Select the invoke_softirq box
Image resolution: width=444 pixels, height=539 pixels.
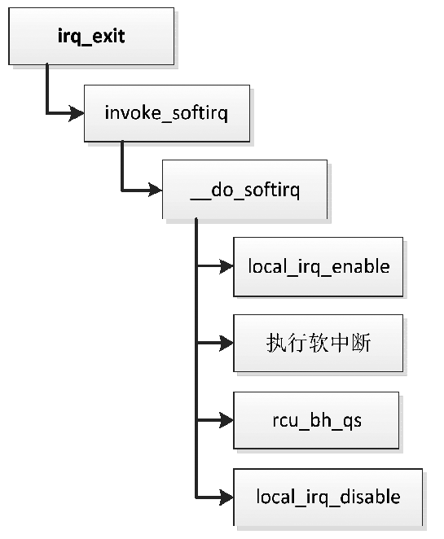(166, 112)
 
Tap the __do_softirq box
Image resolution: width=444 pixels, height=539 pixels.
(244, 190)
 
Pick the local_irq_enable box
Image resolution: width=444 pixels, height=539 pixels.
(318, 266)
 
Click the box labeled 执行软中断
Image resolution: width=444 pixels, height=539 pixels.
(318, 344)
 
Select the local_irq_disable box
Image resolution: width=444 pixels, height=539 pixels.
(328, 496)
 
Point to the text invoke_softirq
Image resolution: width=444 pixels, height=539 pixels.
(166, 112)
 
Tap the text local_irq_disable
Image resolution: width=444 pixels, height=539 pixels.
(328, 496)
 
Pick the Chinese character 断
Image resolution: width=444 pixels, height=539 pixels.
(360, 344)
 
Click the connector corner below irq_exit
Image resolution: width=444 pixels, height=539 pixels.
(47, 113)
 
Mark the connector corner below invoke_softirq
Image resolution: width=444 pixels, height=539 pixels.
(122, 191)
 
